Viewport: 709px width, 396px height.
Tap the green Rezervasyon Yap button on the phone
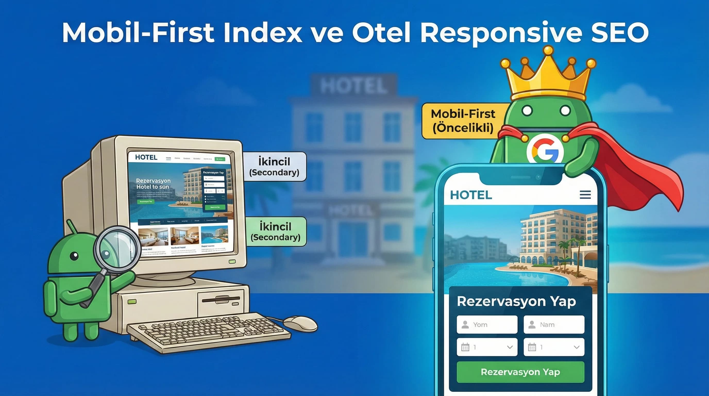tap(520, 372)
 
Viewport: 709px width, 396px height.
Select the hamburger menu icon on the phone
tap(585, 195)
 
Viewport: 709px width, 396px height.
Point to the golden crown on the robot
tap(548, 76)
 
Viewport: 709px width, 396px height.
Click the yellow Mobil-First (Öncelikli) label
tap(463, 121)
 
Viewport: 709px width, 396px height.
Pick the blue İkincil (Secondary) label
tap(274, 167)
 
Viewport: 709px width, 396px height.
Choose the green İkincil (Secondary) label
tap(275, 231)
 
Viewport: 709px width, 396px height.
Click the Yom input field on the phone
tap(487, 325)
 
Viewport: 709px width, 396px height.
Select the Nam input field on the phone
tap(554, 325)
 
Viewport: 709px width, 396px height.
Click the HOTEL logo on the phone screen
tap(471, 195)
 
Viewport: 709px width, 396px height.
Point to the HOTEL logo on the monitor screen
tap(146, 157)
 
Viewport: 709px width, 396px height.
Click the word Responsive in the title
tap(501, 32)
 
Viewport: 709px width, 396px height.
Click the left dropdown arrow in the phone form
tap(510, 347)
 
